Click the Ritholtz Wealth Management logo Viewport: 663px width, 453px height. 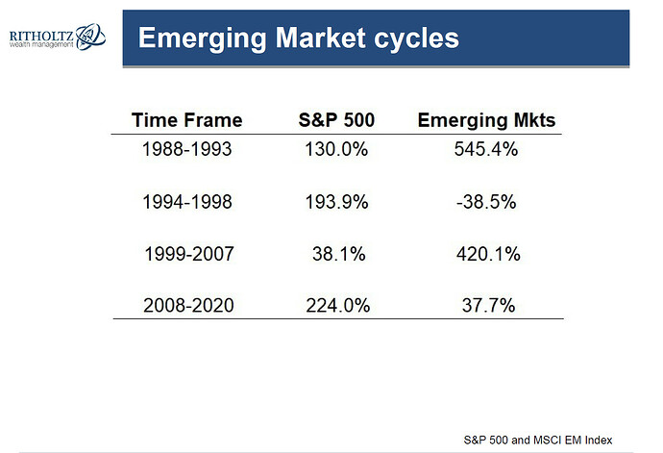click(x=58, y=37)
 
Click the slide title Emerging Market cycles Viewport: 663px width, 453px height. click(x=299, y=38)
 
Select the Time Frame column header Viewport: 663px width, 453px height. click(x=187, y=120)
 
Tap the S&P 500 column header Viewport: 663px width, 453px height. click(x=336, y=120)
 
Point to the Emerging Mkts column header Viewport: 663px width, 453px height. click(x=486, y=121)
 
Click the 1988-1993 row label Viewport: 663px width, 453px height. click(x=187, y=149)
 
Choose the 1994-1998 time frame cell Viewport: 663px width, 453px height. click(x=187, y=202)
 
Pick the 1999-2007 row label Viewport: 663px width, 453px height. click(x=189, y=254)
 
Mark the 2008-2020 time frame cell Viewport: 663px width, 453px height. click(x=188, y=305)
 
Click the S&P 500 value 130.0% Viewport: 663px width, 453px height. click(x=336, y=149)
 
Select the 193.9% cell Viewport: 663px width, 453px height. click(x=336, y=202)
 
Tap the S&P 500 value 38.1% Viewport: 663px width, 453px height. click(x=338, y=254)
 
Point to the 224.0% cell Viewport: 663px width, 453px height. click(x=338, y=305)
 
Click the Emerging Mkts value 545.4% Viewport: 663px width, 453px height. click(x=486, y=149)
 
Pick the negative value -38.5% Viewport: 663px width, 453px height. click(x=486, y=202)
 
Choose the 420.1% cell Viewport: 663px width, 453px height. click(x=488, y=254)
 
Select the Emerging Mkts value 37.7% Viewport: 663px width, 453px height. click(x=488, y=305)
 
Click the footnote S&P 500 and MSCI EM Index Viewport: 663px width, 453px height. click(x=538, y=440)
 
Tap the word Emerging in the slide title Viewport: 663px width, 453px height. click(x=203, y=39)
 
